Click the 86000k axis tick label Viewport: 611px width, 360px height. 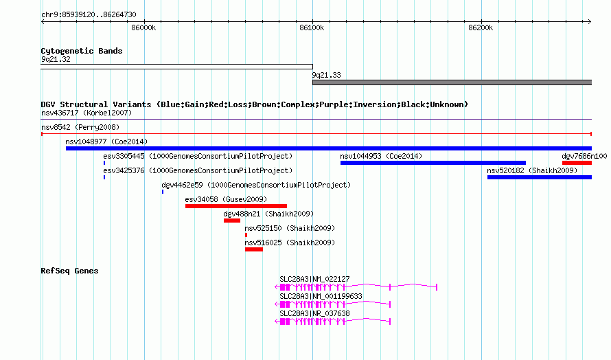tap(143, 27)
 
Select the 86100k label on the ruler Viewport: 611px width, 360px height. tap(312, 27)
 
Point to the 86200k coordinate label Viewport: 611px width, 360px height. tap(481, 27)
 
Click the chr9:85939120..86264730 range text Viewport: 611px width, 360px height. tap(89, 15)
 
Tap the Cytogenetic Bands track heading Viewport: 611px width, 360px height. tap(82, 51)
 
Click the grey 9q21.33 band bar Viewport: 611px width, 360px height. tap(452, 82)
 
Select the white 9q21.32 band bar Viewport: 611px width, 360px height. tap(176, 67)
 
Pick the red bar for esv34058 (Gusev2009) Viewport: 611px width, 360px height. tap(236, 206)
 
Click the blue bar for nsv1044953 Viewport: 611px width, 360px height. tap(433, 163)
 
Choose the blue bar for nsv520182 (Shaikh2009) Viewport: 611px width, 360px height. tap(540, 177)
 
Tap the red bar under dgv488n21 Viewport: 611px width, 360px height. tap(232, 221)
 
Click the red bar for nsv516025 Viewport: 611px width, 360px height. tap(254, 249)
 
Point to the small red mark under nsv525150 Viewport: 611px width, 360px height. tap(246, 235)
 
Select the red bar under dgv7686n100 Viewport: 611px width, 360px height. tap(577, 163)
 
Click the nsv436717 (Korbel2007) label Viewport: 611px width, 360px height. tap(87, 113)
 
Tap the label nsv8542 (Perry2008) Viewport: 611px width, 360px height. tap(80, 127)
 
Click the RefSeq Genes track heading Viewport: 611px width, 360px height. tap(69, 271)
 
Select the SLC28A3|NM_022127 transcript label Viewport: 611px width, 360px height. tap(314, 279)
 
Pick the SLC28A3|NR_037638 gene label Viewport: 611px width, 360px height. tap(314, 313)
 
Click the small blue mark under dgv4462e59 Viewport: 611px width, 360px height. tap(163, 192)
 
